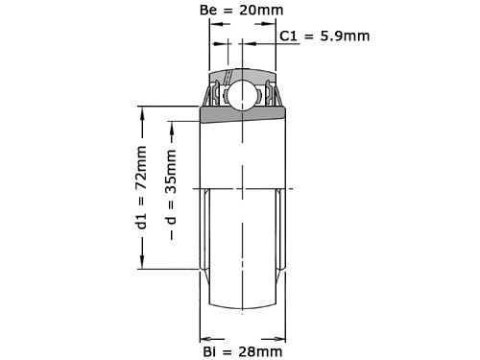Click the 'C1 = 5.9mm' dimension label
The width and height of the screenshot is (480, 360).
tap(324, 37)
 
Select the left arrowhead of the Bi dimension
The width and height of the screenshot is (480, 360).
tap(204, 337)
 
